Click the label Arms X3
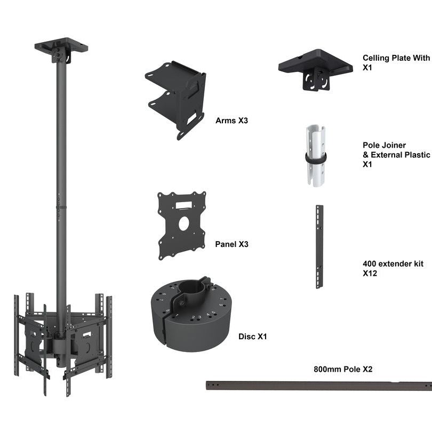(x=231, y=121)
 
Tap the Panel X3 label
(x=231, y=244)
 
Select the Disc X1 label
(x=252, y=337)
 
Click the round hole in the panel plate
(x=183, y=223)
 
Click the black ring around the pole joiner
(x=316, y=158)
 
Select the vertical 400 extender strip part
(x=319, y=246)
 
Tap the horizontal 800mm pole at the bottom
(x=320, y=386)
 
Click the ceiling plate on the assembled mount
(x=61, y=46)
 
